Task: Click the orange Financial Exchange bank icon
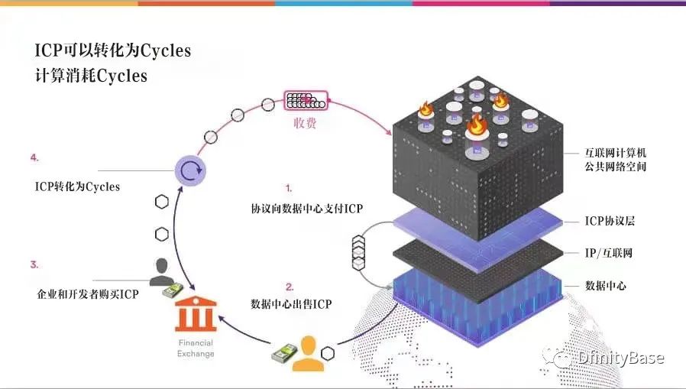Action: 196,314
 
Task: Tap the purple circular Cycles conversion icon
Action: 190,170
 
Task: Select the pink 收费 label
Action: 305,123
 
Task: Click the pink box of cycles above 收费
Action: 306,100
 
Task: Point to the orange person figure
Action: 308,354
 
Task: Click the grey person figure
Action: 161,272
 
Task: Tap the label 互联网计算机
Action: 616,153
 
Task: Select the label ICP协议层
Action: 610,221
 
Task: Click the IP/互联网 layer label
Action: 609,252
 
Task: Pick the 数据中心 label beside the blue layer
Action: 606,286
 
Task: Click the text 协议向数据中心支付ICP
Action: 306,209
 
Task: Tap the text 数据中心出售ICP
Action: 291,303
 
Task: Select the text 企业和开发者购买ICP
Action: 88,293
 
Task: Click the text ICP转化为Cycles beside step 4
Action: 77,186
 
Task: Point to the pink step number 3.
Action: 34,264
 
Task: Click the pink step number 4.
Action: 34,157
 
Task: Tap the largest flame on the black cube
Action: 477,125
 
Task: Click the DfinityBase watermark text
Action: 620,358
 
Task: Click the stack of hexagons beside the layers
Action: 358,252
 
